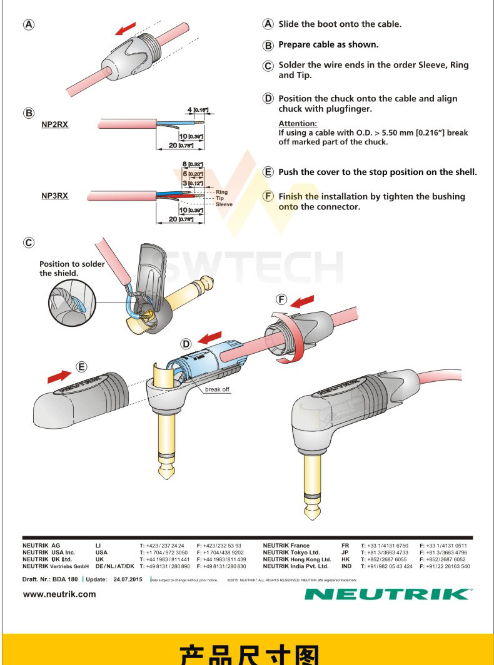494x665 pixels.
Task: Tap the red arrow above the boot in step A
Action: [x=126, y=29]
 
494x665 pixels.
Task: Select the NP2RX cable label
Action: [x=55, y=125]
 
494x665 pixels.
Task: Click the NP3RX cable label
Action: [x=55, y=196]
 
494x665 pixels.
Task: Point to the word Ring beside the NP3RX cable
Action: [x=222, y=192]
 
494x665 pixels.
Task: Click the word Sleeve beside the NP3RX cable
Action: [x=224, y=204]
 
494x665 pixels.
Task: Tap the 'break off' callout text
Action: [x=218, y=389]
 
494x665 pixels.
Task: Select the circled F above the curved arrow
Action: [x=282, y=298]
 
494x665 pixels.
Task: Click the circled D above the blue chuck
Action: [x=186, y=344]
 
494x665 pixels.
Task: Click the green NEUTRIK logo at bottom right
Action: [x=388, y=593]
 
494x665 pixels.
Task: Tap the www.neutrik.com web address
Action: [x=59, y=594]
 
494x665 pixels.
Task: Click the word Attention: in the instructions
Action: [x=298, y=124]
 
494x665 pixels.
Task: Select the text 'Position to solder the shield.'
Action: [x=72, y=268]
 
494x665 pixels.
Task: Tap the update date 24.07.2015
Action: [x=128, y=579]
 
